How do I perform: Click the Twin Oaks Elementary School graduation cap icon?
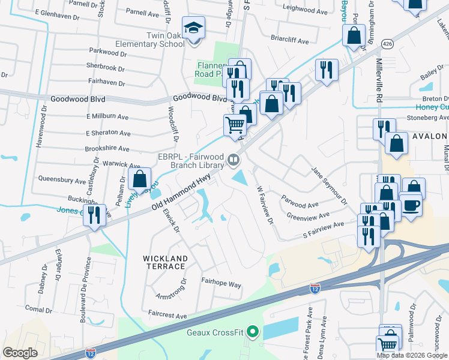pos(194,28)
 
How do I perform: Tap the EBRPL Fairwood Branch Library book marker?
pos(233,160)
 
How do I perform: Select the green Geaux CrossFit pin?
pos(253,331)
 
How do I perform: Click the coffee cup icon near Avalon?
pos(411,205)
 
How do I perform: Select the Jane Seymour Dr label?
pos(329,186)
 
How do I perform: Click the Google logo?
pos(20,353)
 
